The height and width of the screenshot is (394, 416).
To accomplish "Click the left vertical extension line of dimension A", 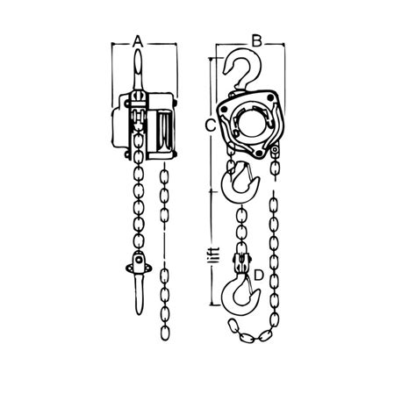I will click(x=114, y=70).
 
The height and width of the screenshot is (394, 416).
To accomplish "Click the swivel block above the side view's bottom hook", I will click(x=137, y=261).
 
